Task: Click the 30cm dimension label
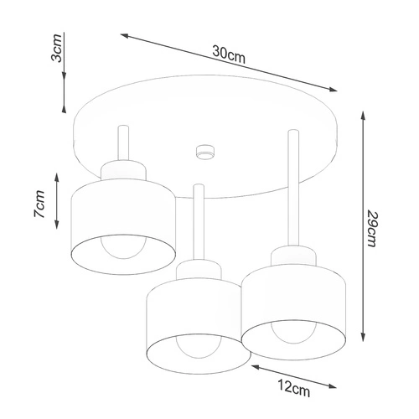(x=229, y=54)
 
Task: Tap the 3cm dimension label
(x=56, y=48)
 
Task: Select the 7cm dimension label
(x=39, y=204)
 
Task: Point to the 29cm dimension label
(x=372, y=228)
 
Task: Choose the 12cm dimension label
(x=293, y=388)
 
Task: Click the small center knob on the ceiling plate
(x=205, y=153)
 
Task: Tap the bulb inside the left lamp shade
(x=124, y=247)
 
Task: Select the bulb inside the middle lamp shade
(x=199, y=347)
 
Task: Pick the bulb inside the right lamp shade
(x=293, y=333)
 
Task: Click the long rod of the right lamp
(x=293, y=188)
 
